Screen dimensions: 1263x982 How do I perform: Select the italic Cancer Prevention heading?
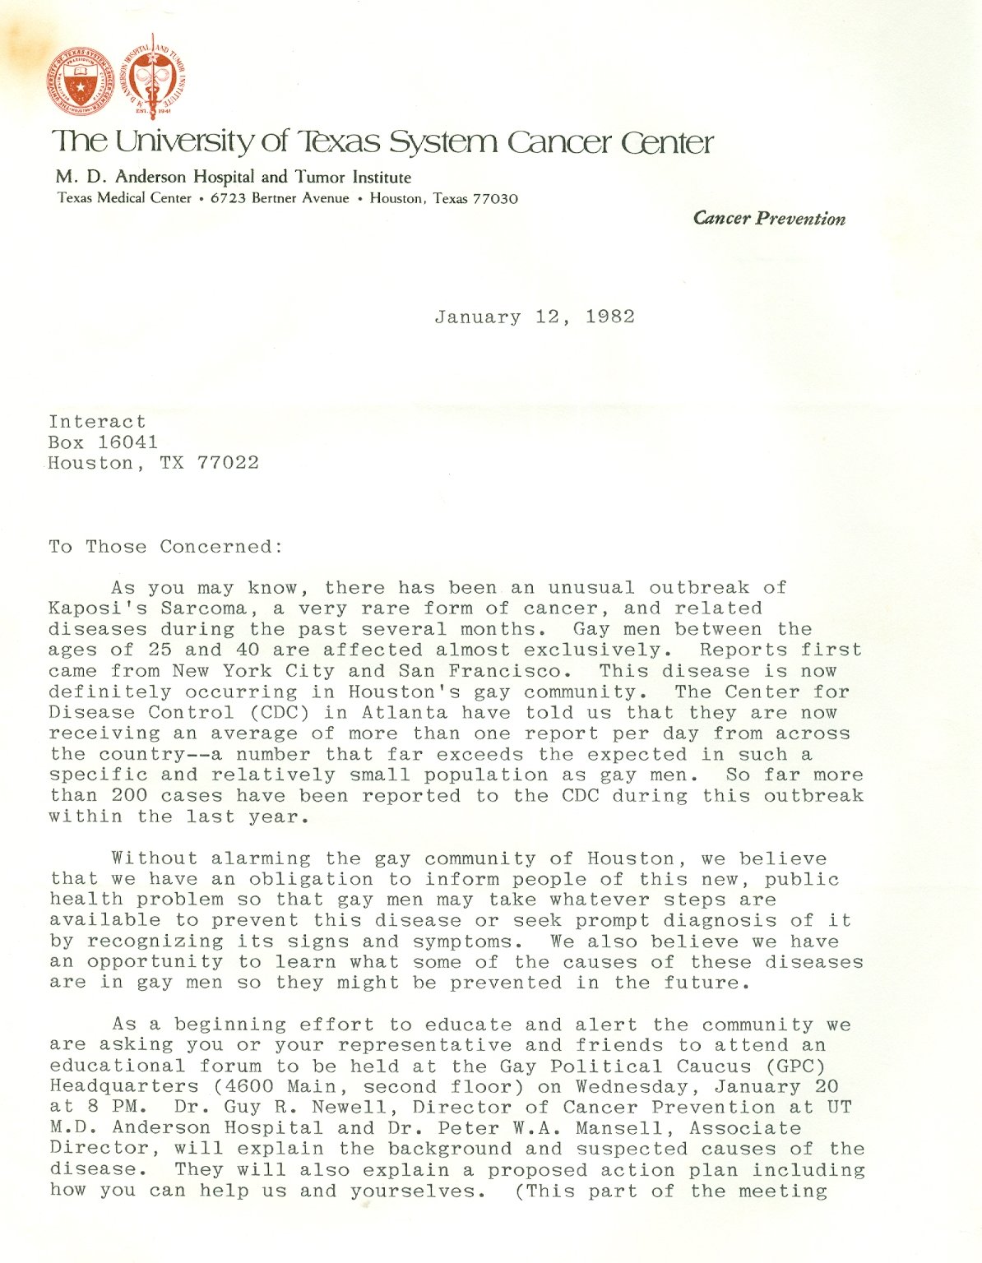click(x=769, y=219)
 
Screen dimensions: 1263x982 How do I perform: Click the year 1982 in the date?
click(x=610, y=317)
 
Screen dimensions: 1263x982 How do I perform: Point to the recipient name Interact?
click(x=97, y=422)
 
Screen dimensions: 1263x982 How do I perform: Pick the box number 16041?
click(x=127, y=442)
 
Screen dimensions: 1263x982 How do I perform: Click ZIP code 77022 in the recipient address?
click(x=228, y=463)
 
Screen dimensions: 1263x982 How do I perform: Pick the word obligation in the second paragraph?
click(x=311, y=880)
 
